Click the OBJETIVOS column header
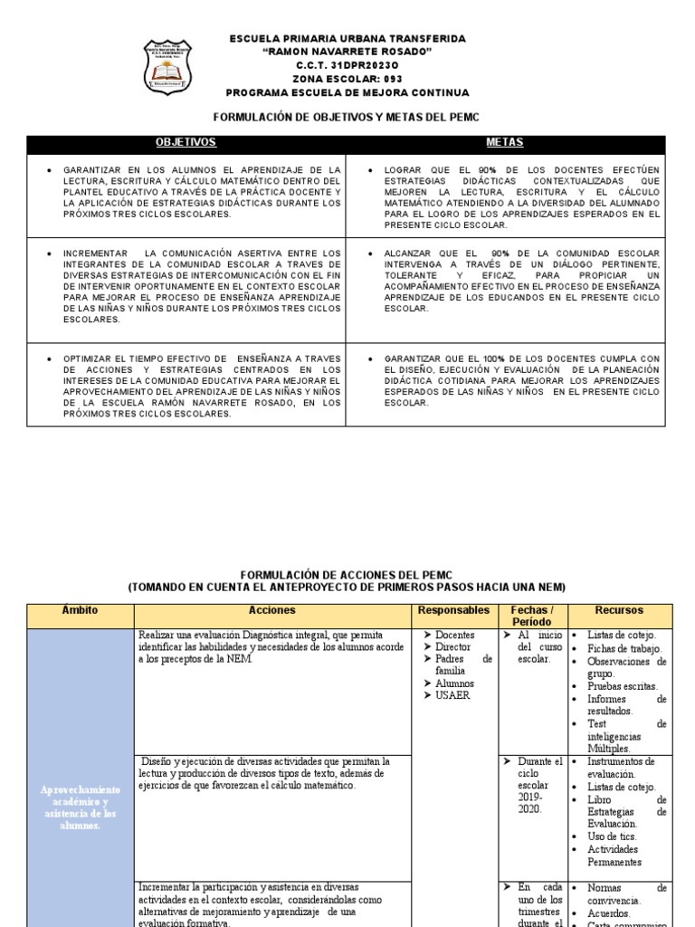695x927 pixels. [186, 143]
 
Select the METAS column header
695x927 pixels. [504, 143]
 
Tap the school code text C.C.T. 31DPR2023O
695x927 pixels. [347, 66]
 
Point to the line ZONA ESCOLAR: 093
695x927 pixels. [347, 80]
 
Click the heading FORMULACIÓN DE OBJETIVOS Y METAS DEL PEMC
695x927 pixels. [346, 118]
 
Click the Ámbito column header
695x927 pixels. [81, 611]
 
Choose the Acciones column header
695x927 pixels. [271, 611]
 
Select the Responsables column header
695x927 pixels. [453, 611]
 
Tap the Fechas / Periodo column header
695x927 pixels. [531, 616]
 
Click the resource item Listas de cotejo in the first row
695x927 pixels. [622, 636]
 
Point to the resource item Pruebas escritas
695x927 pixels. [624, 686]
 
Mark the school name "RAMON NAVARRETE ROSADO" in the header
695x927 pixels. [347, 53]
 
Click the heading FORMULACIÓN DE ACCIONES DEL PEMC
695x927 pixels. [346, 575]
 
